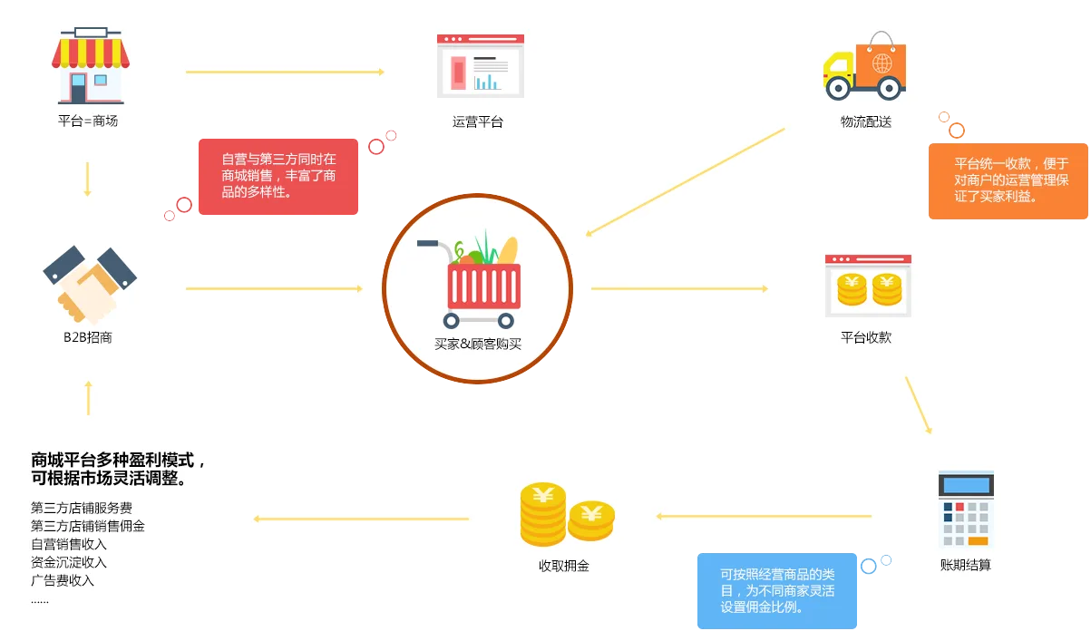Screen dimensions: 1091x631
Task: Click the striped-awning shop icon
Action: pyautogui.click(x=91, y=65)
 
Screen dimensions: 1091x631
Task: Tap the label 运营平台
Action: pyautogui.click(x=477, y=121)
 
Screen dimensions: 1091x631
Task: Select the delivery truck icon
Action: pyautogui.click(x=864, y=65)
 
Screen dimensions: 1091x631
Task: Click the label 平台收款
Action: pyautogui.click(x=866, y=337)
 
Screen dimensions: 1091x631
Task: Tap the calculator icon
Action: pyautogui.click(x=966, y=510)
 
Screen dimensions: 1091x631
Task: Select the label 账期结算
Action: pyautogui.click(x=965, y=565)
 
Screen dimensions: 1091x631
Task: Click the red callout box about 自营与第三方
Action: pyautogui.click(x=278, y=177)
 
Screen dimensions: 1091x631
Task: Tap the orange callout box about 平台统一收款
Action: pyautogui.click(x=1008, y=181)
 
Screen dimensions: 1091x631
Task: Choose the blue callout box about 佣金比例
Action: pyautogui.click(x=777, y=590)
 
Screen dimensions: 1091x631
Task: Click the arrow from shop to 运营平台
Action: pyautogui.click(x=285, y=72)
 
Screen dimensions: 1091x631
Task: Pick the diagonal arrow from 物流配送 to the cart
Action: pyautogui.click(x=685, y=182)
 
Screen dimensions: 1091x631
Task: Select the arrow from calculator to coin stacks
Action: pyautogui.click(x=764, y=516)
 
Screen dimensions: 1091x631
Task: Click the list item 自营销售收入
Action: pyautogui.click(x=69, y=544)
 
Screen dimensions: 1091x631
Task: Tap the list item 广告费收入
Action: pyautogui.click(x=63, y=580)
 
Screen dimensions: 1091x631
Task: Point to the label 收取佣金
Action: pyautogui.click(x=564, y=566)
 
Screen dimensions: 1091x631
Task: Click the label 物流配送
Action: pyautogui.click(x=866, y=121)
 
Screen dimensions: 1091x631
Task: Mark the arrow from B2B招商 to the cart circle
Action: pyautogui.click(x=274, y=288)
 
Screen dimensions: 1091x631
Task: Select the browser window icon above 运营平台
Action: pyautogui.click(x=481, y=65)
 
